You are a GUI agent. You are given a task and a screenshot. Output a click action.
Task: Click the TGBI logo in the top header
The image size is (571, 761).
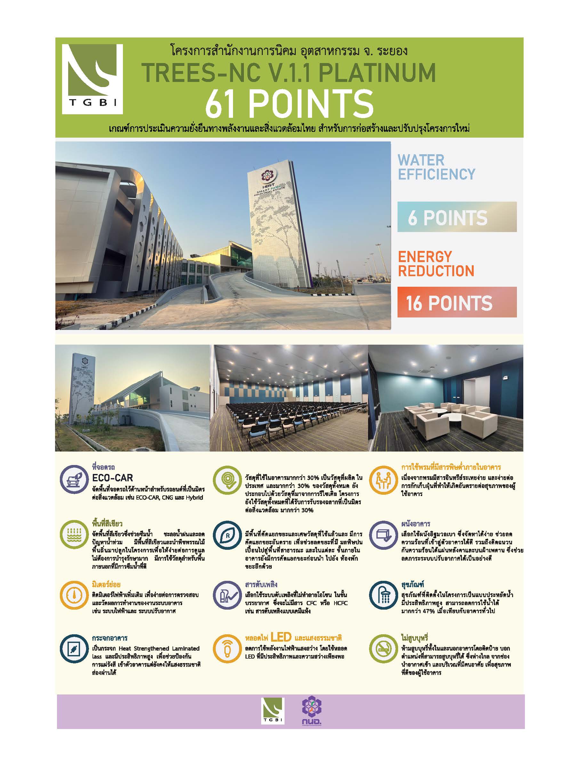pos(92,79)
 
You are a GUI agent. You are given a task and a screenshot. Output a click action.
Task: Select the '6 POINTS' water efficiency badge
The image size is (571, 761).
pos(456,217)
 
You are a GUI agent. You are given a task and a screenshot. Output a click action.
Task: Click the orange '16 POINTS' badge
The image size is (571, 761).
pos(456,302)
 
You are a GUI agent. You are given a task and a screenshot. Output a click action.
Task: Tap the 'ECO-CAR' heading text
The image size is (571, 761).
pos(112,477)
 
